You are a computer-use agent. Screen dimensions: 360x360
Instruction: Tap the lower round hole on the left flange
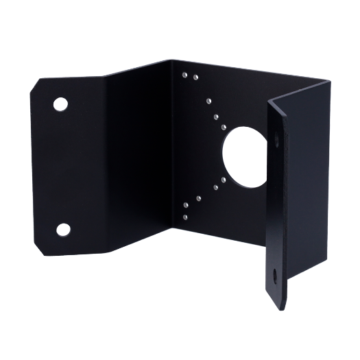click(63, 228)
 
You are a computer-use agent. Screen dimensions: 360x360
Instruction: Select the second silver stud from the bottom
click(187, 204)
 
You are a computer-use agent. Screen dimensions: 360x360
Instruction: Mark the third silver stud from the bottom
click(198, 197)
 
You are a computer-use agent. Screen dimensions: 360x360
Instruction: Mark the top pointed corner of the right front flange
click(274, 97)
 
